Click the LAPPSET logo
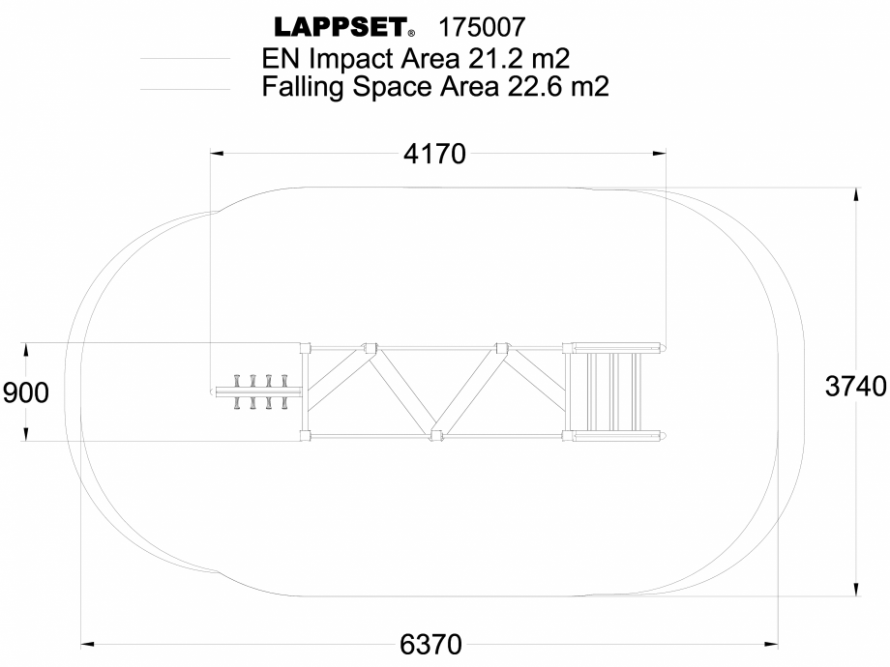pos(343,26)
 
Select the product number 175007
pos(484,26)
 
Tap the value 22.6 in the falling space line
pos(535,88)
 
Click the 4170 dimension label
pos(434,154)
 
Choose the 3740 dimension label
pos(855,387)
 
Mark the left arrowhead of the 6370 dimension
pos(86,642)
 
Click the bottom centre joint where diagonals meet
pos(436,435)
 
